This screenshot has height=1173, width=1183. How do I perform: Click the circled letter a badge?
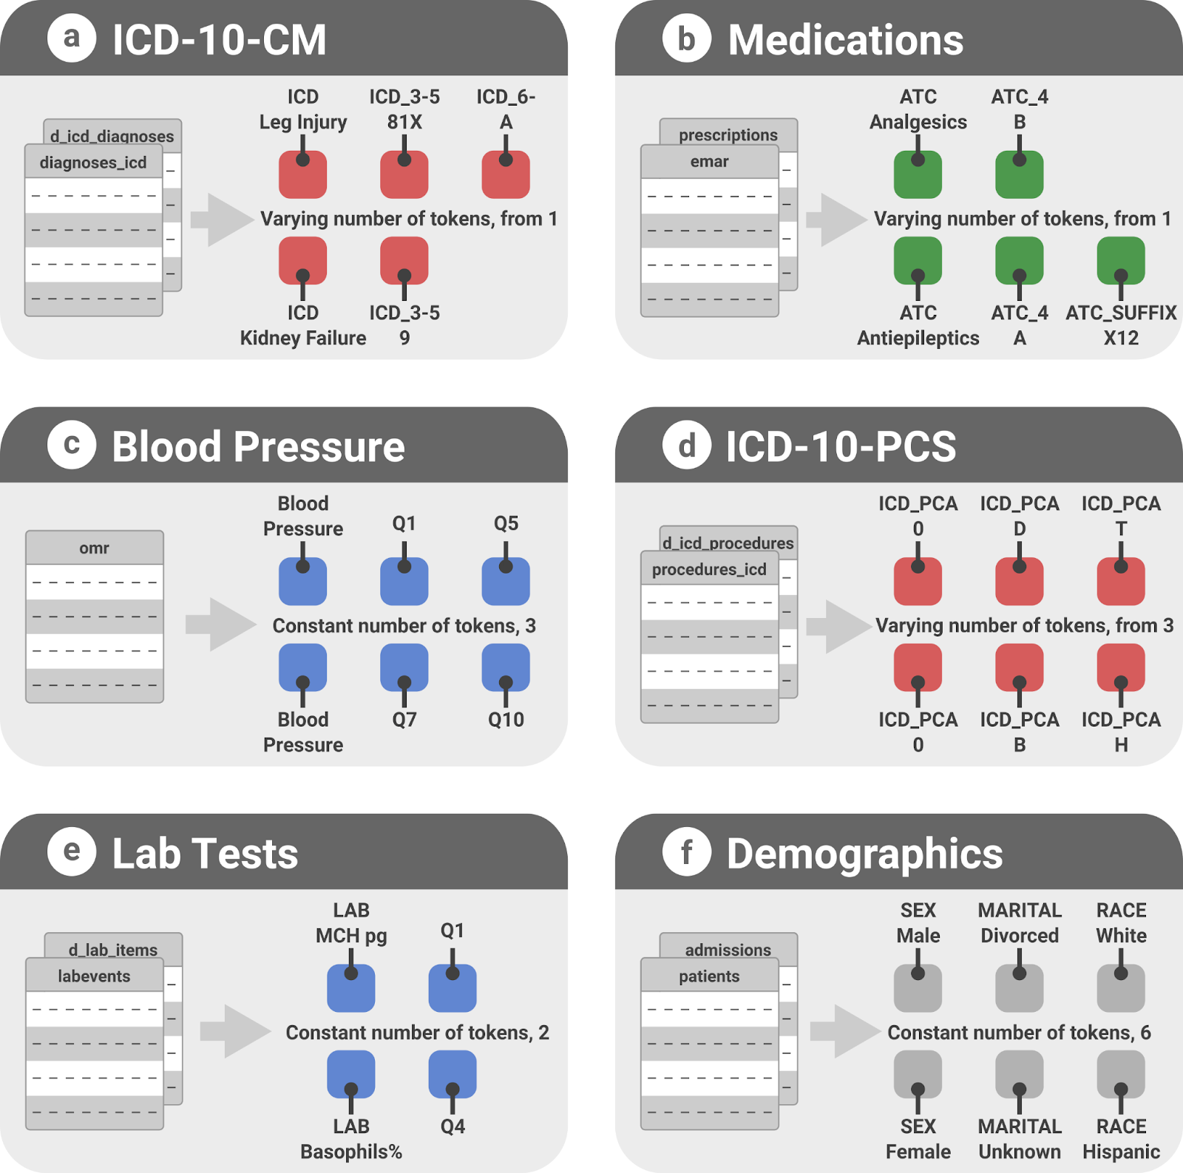coord(72,38)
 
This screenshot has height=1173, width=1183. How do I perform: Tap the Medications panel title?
coord(846,40)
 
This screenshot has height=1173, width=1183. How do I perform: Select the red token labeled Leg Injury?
coord(302,174)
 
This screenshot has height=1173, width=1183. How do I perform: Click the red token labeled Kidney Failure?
coord(302,261)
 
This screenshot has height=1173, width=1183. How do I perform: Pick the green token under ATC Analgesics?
coord(918,174)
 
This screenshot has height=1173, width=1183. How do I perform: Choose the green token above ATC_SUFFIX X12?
coord(1121,261)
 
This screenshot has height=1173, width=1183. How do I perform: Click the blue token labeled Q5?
coord(506,581)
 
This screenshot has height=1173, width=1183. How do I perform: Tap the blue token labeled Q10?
coord(506,667)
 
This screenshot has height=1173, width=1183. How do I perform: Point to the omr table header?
coord(95,548)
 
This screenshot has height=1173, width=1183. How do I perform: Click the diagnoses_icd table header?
coord(93,162)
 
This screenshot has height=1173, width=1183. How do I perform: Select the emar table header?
coord(710,161)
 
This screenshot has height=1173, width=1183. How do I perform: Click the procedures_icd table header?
coord(710,568)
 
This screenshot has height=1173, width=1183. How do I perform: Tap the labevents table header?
coord(95,976)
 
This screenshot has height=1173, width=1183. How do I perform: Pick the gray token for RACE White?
coord(1121,988)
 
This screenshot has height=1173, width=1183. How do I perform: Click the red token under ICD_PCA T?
coord(1121,581)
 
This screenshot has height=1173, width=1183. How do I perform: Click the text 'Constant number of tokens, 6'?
coord(1019,1033)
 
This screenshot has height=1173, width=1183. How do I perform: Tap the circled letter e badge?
coord(72,851)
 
